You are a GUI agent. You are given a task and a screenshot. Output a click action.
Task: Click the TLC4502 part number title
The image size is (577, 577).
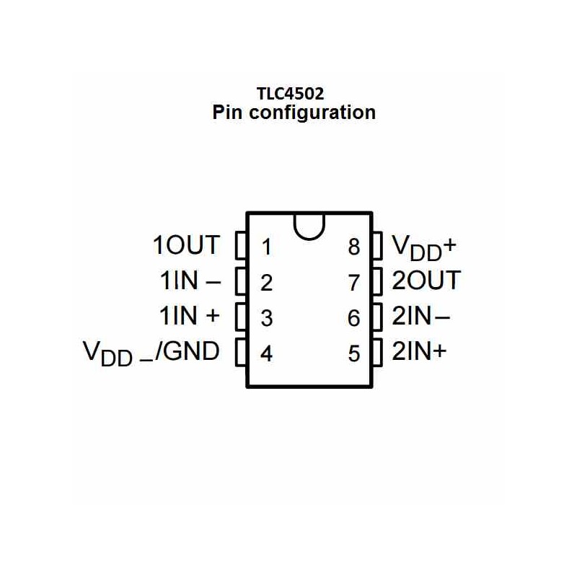coord(290,94)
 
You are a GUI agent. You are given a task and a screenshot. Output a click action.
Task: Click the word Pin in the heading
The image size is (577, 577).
coord(227,112)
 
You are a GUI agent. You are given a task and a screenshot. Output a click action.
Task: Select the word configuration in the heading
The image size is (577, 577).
coord(312,113)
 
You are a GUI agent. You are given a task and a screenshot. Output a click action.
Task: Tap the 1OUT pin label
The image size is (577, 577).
coord(186,245)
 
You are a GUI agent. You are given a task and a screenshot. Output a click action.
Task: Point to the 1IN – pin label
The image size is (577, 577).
coord(190,281)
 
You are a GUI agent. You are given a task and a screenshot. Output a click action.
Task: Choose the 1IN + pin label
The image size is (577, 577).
coord(190,316)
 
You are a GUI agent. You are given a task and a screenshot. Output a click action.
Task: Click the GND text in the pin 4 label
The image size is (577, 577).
coord(191,351)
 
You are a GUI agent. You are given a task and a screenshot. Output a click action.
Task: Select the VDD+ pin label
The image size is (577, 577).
coord(424,247)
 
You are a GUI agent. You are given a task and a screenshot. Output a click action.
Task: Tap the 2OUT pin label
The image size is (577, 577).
coord(426,281)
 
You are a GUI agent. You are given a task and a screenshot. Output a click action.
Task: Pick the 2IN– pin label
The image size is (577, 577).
coord(420,316)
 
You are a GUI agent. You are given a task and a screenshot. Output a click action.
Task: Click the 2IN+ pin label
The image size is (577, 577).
coord(419,351)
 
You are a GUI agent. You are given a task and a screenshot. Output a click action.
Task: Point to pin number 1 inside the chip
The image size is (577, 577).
coord(267,247)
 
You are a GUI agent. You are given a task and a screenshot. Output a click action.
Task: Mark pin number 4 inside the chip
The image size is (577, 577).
coord(266,353)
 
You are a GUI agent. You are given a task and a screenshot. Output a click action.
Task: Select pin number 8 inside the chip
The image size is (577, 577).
coord(354,247)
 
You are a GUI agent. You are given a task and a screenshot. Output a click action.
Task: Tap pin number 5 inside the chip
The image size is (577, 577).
coord(354,353)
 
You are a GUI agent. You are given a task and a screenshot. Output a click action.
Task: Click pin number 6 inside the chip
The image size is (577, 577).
coord(354,318)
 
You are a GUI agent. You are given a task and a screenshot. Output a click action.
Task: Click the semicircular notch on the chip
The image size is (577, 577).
coord(309,238)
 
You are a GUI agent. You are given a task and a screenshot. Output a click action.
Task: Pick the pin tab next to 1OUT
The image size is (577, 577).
coord(241,245)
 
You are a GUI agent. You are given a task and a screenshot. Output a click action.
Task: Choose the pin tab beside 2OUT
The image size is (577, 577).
coord(377,281)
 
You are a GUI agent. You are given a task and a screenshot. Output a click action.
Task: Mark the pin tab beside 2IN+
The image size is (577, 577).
coord(377,353)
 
